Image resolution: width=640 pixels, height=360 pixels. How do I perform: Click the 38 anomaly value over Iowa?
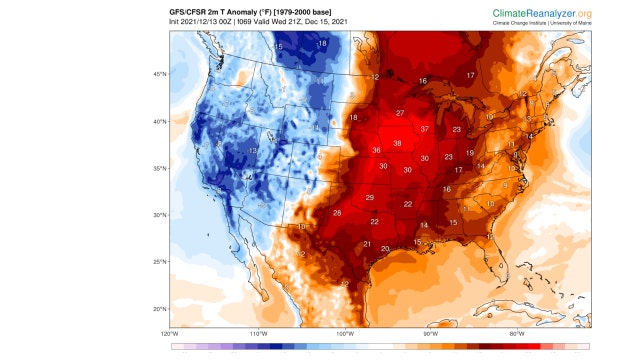[x=397, y=143]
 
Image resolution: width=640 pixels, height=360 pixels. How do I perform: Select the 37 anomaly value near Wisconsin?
[x=425, y=129]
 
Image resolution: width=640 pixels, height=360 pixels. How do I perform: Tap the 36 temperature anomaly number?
[x=376, y=151]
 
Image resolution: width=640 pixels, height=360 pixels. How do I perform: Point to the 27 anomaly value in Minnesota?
[x=399, y=113]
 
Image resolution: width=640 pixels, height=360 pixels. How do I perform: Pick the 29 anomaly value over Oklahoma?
[x=369, y=197]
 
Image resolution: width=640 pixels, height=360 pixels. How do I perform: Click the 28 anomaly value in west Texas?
[x=337, y=213]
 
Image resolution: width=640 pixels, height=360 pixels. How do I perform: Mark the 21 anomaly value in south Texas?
[x=367, y=244]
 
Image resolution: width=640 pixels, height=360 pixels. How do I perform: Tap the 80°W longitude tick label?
[x=517, y=333]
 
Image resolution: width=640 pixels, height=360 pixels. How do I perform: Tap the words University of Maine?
[x=569, y=22]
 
